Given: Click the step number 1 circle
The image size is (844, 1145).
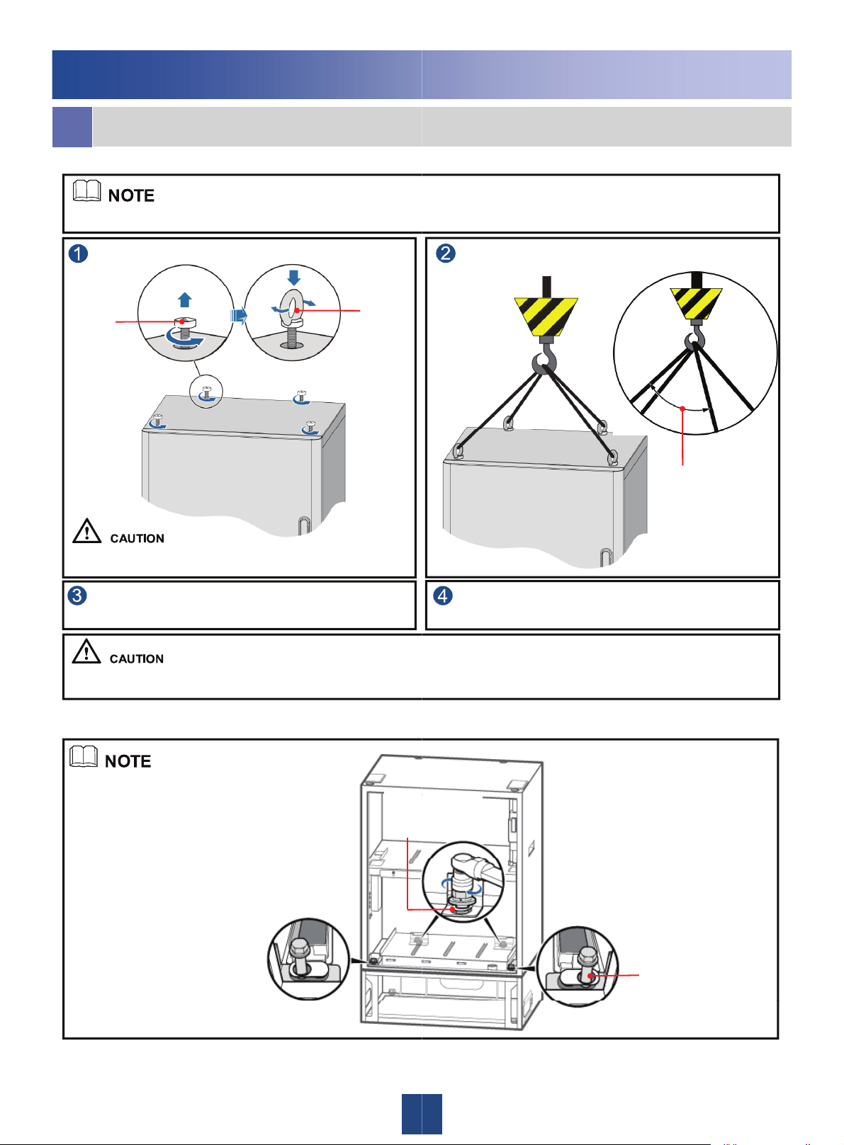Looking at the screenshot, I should tap(78, 254).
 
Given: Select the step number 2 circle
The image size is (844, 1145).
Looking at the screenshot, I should tap(445, 253).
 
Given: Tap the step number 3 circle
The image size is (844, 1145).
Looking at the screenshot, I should tap(77, 595).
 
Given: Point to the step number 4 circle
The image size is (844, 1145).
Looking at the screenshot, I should tap(443, 595).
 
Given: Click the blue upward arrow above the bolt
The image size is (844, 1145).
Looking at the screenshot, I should tap(185, 300).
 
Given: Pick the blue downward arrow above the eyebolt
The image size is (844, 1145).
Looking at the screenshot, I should tap(294, 276).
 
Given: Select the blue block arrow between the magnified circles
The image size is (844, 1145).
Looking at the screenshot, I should tap(238, 314).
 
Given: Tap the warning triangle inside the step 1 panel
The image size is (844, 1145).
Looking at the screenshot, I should tap(86, 531).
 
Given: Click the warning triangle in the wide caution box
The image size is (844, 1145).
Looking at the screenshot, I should tap(86, 651).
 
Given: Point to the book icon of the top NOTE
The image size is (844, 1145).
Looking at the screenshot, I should tap(86, 190).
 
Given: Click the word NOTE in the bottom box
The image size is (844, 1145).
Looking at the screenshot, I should tap(128, 761).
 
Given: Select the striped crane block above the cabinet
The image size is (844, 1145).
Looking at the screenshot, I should tap(546, 317).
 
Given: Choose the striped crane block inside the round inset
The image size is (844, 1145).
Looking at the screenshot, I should tap(696, 303).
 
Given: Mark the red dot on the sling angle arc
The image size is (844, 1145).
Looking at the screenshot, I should tap(682, 409).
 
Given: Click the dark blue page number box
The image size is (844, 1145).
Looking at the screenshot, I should tap(422, 1114).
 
